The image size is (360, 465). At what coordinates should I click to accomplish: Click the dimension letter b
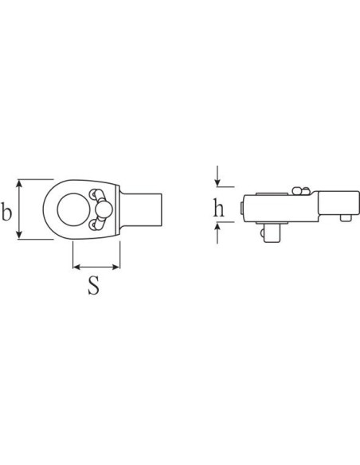[6, 211]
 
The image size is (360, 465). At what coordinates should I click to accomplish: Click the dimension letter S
[93, 285]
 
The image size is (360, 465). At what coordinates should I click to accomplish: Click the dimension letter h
[219, 208]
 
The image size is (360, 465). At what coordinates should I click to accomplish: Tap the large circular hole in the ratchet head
[72, 209]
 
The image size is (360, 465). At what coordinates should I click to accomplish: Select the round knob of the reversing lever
[104, 210]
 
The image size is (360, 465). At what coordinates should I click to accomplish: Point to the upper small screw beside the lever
[95, 193]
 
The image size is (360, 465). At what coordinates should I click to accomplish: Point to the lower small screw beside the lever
[95, 225]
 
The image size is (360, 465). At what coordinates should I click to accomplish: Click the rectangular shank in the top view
[141, 209]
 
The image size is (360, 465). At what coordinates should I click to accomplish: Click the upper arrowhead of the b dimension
[19, 183]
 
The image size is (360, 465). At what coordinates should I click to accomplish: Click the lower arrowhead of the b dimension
[19, 235]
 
